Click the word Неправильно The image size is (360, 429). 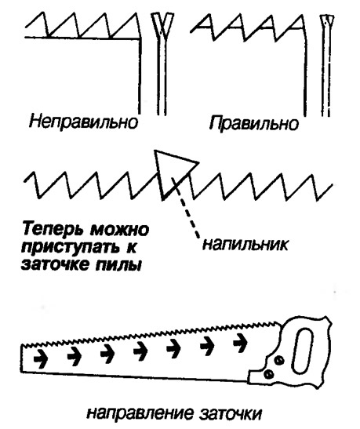tap(83, 122)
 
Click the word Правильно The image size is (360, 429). tap(254, 124)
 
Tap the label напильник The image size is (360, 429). tap(245, 244)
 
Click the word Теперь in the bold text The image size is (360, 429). tap(53, 230)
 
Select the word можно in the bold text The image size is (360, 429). tap(119, 229)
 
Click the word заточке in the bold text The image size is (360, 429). tap(56, 265)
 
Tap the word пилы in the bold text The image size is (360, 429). tap(119, 265)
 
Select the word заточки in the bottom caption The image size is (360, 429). tap(230, 413)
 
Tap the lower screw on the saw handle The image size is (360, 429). tap(267, 374)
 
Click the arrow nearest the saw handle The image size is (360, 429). tap(240, 342)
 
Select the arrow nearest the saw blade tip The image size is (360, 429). tap(41, 358)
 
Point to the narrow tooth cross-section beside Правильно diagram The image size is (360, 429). tap(327, 66)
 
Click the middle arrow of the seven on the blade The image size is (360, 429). tap(140, 351)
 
